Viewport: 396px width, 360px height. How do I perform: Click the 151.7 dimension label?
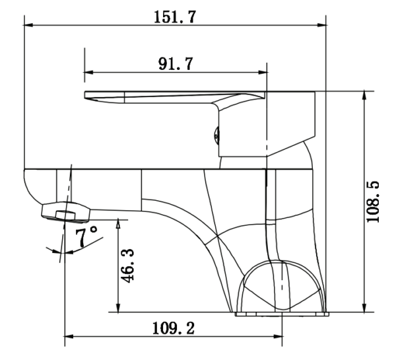point(175,17)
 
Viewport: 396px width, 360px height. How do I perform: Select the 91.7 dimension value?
point(176,63)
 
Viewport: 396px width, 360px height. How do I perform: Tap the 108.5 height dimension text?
point(373,201)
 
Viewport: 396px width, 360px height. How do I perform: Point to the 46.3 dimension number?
point(127,266)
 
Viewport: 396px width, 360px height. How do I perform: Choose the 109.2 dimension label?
point(174,328)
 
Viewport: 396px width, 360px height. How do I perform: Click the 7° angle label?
point(86,236)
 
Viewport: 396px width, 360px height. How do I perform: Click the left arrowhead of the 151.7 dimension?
point(28,25)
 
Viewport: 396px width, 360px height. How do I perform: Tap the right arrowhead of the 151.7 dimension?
point(321,25)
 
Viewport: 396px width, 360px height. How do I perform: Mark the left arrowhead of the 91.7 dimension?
point(88,72)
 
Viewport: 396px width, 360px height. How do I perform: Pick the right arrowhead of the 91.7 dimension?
point(263,72)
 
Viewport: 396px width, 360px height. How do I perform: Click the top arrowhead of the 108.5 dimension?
point(364,95)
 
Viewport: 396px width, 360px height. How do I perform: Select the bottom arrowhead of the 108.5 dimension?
point(364,308)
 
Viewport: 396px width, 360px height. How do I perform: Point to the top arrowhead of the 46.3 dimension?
point(118,223)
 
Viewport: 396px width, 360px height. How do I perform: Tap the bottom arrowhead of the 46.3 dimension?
point(118,308)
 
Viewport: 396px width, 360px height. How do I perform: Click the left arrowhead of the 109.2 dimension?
point(69,336)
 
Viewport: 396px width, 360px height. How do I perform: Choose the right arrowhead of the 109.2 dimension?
point(278,336)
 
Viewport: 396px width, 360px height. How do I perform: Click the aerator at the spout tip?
point(65,212)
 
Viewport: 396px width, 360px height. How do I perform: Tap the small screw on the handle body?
point(216,136)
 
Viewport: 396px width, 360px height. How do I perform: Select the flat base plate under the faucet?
point(282,314)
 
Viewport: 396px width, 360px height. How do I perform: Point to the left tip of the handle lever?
point(84,95)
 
